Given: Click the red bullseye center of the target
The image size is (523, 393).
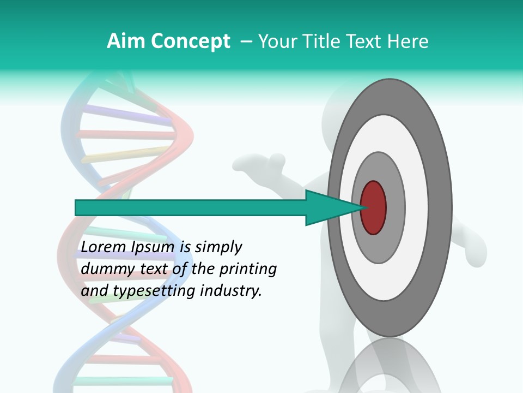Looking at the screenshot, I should [373, 207].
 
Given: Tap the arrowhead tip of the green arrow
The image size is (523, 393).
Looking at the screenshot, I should [361, 207].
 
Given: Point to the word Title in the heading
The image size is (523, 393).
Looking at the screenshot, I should [325, 41].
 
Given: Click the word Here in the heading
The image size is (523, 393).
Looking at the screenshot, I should [408, 41].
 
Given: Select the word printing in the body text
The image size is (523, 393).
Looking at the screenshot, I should [249, 270].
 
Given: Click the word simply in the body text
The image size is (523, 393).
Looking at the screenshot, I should [218, 248].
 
